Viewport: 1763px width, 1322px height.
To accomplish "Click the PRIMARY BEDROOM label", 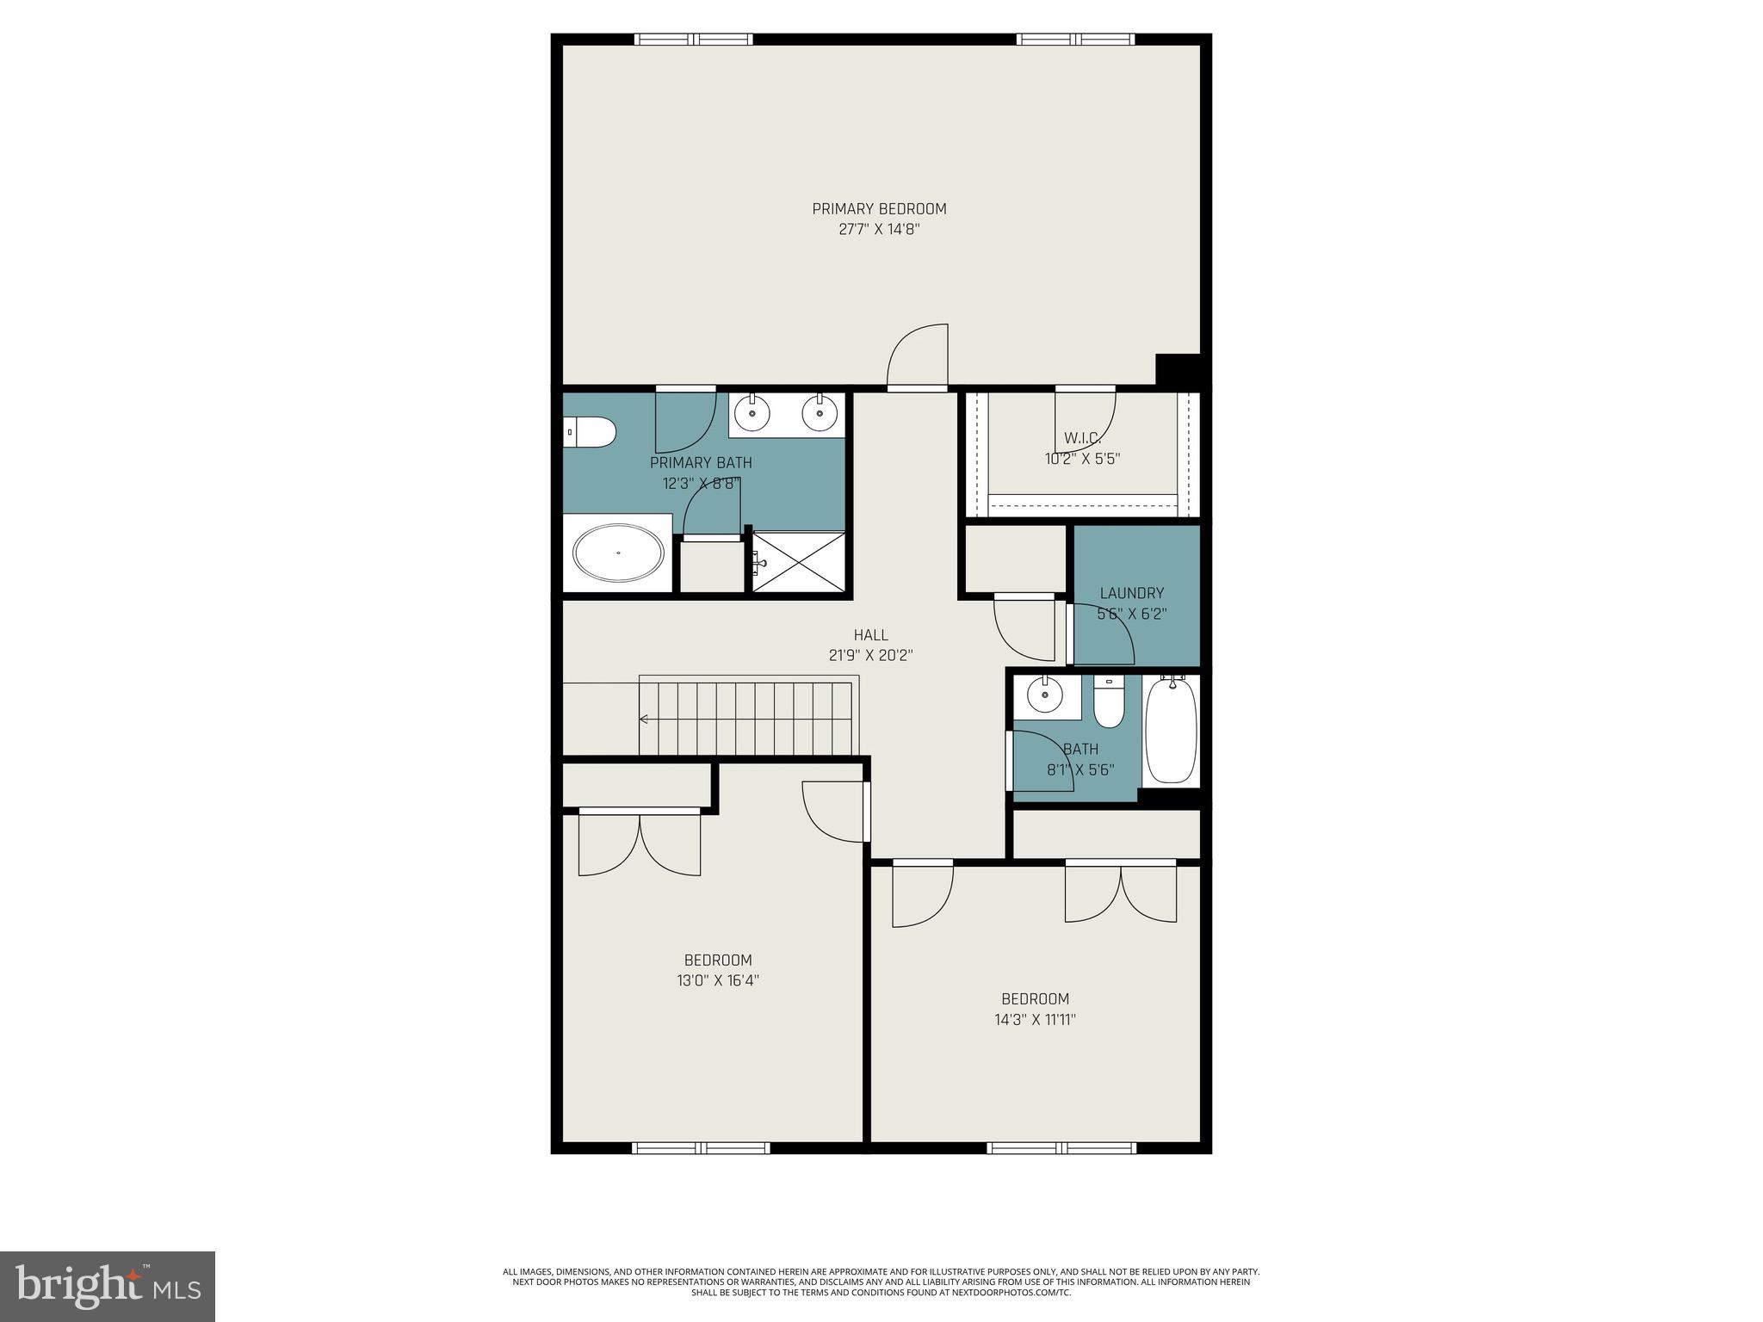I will click(x=879, y=208).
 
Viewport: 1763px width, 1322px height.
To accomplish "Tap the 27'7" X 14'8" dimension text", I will click(x=879, y=230).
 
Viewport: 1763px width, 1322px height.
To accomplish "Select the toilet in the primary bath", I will click(x=591, y=432).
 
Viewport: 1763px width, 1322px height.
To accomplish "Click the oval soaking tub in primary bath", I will click(x=618, y=553).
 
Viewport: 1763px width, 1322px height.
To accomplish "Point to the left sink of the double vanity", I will click(x=752, y=414).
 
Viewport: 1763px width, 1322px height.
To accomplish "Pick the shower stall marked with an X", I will click(x=799, y=562).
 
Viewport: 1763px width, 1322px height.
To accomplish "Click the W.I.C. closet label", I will click(x=1082, y=438).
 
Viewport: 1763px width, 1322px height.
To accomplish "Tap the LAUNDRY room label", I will click(x=1132, y=593).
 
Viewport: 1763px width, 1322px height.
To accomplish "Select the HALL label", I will click(x=870, y=635).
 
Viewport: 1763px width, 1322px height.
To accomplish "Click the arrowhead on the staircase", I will click(x=643, y=719).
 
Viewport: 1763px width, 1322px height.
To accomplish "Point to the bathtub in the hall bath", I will click(x=1171, y=730).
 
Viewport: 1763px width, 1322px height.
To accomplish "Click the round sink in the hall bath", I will click(x=1045, y=695).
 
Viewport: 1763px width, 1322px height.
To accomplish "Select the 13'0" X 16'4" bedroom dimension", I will click(x=718, y=980).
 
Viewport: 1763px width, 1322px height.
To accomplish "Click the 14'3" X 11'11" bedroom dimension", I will click(x=1035, y=1020).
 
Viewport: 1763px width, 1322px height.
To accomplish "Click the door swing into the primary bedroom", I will click(x=919, y=357).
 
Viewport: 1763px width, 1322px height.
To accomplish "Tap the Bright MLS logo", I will click(x=108, y=1286).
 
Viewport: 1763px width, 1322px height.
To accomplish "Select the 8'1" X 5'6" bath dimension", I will click(x=1080, y=770).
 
